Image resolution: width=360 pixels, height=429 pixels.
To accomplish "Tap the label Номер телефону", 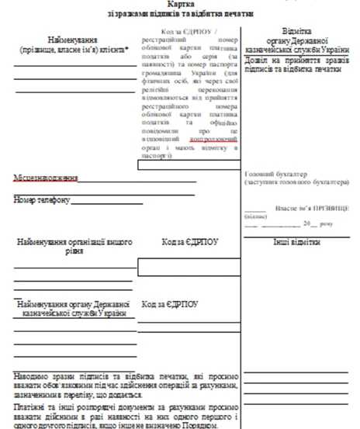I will pos(42,200).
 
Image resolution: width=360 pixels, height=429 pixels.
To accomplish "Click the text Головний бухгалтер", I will pos(275,175).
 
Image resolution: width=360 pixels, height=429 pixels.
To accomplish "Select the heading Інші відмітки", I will pos(296,242).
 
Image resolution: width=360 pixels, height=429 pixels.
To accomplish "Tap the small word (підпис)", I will pos(255,216).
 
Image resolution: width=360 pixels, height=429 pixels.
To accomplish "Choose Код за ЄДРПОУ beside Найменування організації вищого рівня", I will pos(189,242).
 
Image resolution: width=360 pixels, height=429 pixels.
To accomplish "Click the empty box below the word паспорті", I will pos(189,164).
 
